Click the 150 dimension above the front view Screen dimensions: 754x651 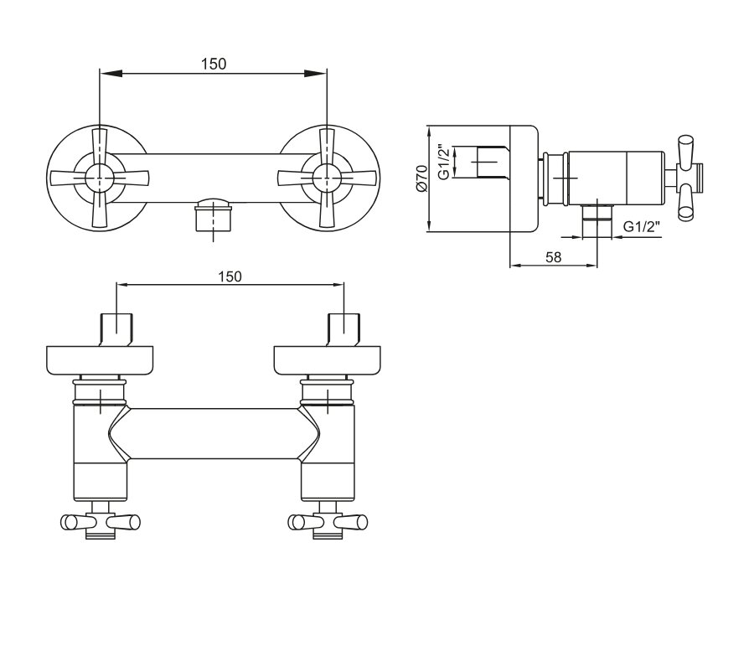(x=214, y=64)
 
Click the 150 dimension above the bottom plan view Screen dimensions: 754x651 (x=230, y=277)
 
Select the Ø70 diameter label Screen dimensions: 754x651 (x=421, y=178)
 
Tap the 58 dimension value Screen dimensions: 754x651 (x=554, y=258)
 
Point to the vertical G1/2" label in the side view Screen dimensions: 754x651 (x=444, y=163)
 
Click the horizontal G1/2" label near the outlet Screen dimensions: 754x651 (x=642, y=226)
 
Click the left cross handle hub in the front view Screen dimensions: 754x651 (x=100, y=178)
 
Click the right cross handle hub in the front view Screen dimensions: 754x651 (x=327, y=178)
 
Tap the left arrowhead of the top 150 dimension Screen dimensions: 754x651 (x=110, y=73)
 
